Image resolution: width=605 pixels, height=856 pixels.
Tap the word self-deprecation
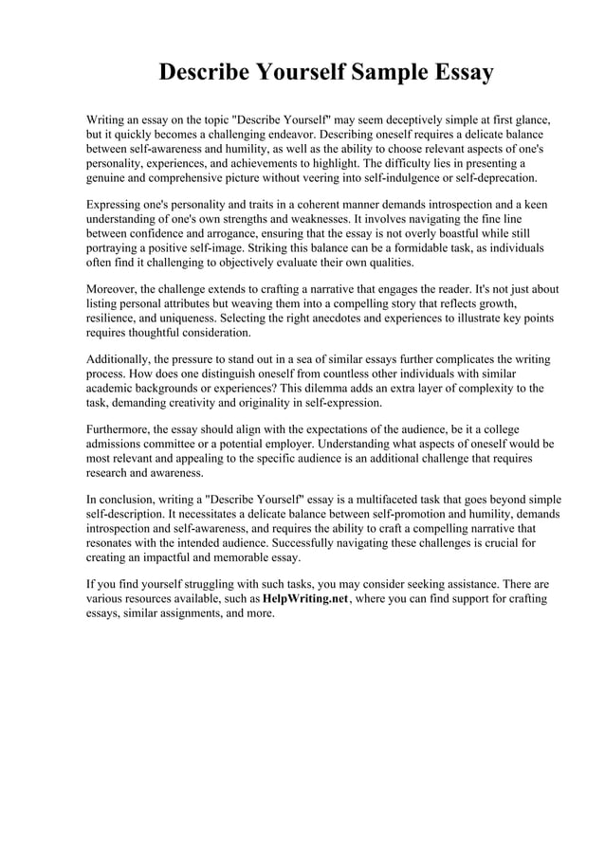tap(494, 177)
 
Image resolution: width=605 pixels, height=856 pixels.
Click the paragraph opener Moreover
tap(117, 289)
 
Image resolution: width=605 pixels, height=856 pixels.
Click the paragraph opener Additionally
tap(124, 359)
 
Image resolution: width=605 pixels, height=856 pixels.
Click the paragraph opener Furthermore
tap(123, 429)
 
